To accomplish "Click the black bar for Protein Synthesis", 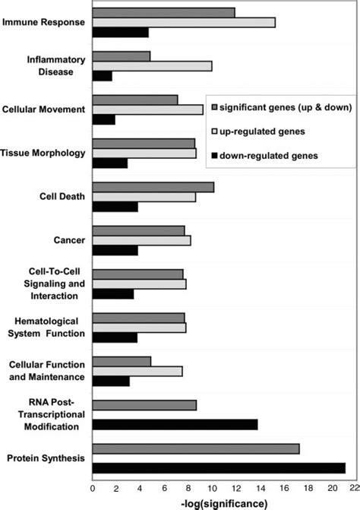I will coord(219,467).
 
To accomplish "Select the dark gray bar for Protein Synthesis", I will coord(196,448).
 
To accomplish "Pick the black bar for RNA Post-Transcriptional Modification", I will coord(175,424).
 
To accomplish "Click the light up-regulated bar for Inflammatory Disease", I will coord(152,66).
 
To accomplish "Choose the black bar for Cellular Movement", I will coord(103,120).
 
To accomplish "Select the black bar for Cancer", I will coord(115,250).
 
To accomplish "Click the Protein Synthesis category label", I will coord(45,458).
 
